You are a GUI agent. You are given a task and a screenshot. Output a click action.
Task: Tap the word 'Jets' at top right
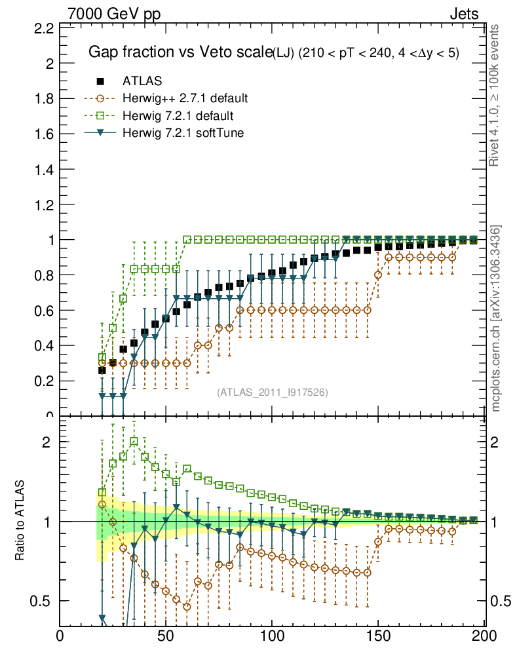click(x=463, y=14)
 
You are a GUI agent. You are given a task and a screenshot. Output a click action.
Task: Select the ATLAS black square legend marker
click(x=100, y=81)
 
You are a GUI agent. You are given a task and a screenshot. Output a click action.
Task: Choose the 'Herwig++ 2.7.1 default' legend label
click(x=185, y=99)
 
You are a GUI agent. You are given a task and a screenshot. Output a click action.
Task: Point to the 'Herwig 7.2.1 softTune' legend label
click(x=183, y=133)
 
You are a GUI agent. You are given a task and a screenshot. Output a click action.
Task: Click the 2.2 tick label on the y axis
click(x=43, y=29)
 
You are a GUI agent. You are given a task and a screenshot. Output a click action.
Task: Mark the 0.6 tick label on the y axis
click(x=43, y=310)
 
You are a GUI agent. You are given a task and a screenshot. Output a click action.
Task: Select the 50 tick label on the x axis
click(x=166, y=635)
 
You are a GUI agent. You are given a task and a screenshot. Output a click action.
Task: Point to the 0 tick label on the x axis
click(x=60, y=635)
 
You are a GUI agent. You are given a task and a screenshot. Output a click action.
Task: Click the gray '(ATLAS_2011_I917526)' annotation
click(x=273, y=392)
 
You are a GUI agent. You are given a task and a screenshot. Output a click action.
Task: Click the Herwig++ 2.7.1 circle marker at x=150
click(x=377, y=275)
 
